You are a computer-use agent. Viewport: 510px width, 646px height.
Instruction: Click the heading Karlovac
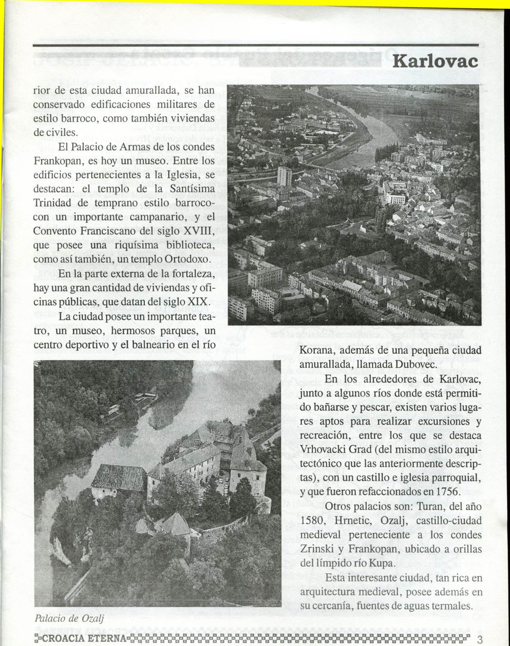435,61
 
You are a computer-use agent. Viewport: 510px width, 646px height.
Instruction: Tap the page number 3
480,639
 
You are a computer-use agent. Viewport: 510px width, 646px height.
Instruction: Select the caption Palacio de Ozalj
69,618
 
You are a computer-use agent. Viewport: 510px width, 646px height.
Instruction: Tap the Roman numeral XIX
198,301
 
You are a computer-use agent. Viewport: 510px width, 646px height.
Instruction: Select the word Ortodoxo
186,259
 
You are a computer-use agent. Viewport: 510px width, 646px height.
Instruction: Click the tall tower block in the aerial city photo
284,176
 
